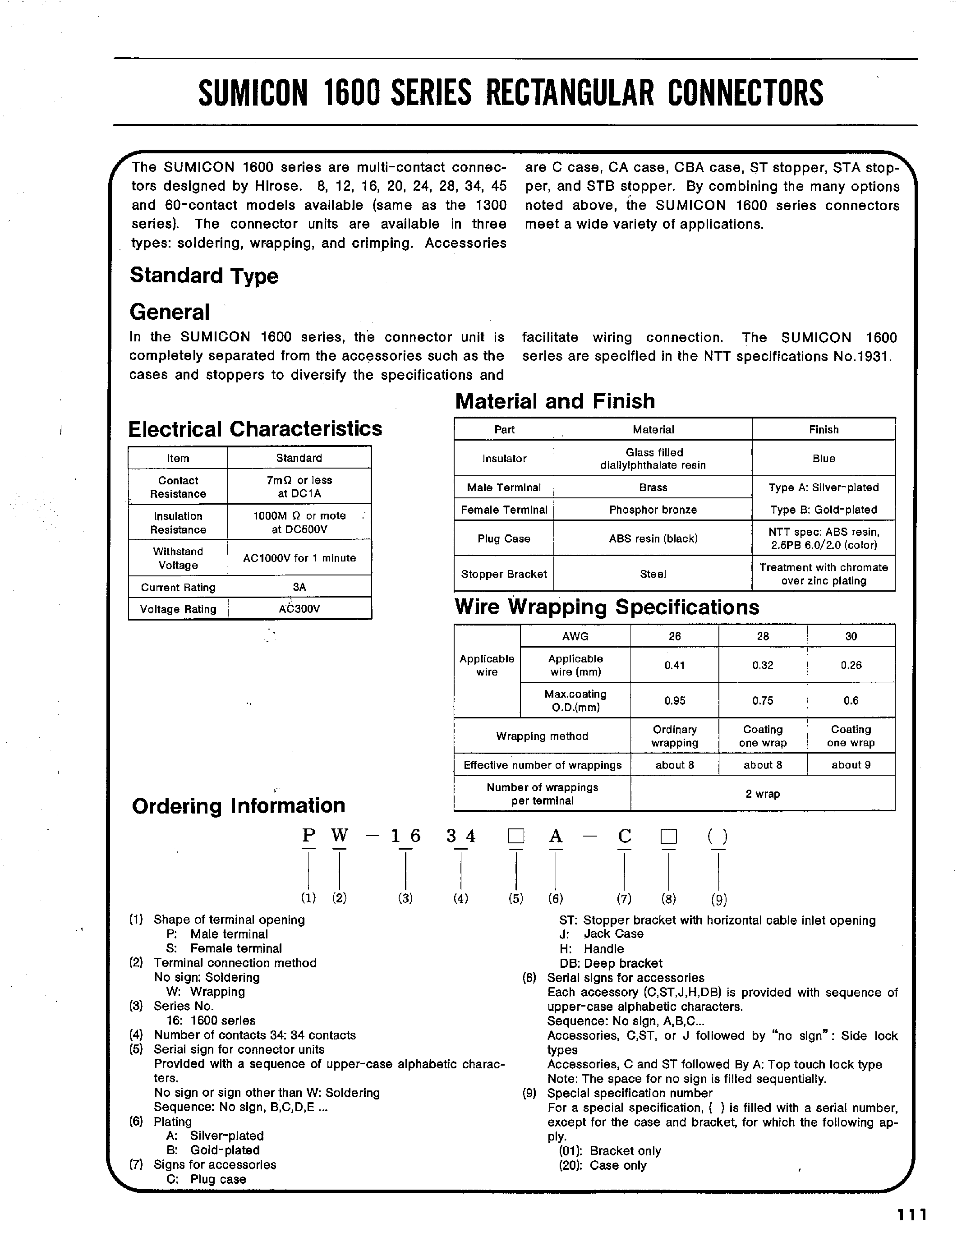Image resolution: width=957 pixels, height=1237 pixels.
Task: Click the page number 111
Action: tap(911, 1215)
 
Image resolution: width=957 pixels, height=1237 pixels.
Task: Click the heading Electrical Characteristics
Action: tap(255, 429)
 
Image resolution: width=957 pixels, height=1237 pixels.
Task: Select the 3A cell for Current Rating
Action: tap(299, 587)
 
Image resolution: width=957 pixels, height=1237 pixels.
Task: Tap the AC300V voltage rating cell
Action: tap(299, 609)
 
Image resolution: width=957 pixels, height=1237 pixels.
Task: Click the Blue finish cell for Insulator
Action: tap(824, 459)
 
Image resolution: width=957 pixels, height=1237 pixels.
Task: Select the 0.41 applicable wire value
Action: tap(674, 665)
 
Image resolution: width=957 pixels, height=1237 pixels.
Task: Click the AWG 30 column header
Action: tap(851, 636)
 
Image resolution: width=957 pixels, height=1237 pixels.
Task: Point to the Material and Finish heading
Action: tap(555, 401)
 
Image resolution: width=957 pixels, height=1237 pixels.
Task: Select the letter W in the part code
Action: tap(339, 836)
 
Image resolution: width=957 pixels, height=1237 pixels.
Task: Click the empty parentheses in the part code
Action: tap(718, 837)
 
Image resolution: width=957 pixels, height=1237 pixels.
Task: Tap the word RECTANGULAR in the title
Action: tap(569, 93)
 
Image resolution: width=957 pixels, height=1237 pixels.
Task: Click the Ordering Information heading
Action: tap(239, 805)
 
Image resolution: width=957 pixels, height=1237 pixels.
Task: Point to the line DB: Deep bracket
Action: tap(611, 963)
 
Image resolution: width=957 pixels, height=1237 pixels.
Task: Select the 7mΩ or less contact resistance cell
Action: tap(299, 487)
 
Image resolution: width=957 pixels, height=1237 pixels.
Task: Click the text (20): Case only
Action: tap(602, 1165)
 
